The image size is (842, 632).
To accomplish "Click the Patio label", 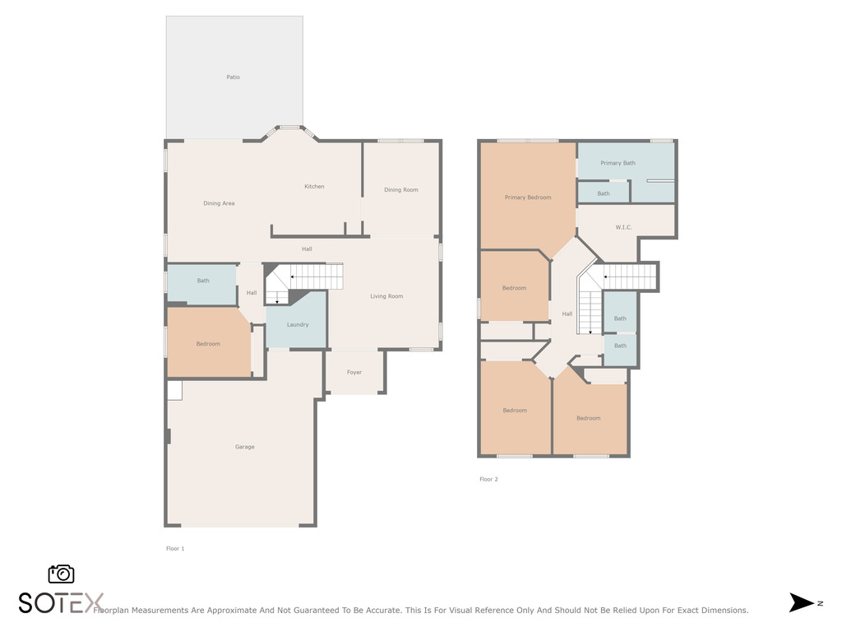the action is pos(233,77).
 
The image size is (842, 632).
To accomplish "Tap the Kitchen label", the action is pos(314,187).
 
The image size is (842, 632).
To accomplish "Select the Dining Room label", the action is pos(401,190).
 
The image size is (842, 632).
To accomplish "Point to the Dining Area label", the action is pos(219,203).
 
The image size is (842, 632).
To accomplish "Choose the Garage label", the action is pos(244,447).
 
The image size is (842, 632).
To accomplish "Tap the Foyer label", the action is pos(354,372).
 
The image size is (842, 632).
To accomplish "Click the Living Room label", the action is pos(386,296).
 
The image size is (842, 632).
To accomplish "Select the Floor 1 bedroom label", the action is pos(208,344).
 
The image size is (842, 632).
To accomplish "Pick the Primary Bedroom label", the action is pos(528,197).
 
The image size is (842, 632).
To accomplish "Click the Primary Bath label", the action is pos(618,163).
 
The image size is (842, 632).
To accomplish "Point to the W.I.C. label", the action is pos(623,227).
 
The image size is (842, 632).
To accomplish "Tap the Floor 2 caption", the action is pos(488,479).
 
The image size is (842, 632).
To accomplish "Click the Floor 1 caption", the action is pos(175,548).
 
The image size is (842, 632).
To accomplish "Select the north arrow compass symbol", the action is pos(802,602).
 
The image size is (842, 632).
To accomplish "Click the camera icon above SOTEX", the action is pos(61,574).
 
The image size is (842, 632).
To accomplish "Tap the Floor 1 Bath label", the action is pos(203,281).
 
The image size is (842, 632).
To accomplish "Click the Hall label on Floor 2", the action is pos(567,314).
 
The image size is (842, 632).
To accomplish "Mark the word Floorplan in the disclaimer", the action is pos(113,610).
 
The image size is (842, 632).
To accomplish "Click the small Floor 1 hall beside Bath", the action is pos(251,292).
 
